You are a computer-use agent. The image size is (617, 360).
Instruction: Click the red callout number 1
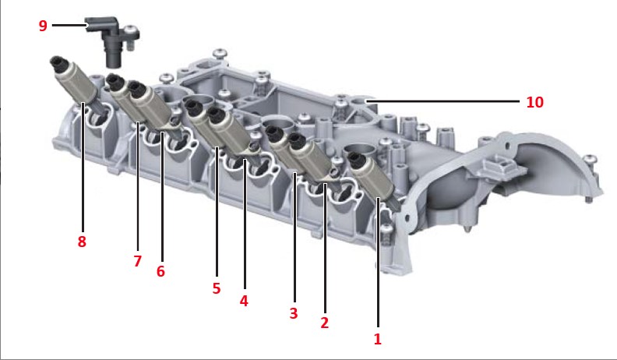pyautogui.click(x=377, y=339)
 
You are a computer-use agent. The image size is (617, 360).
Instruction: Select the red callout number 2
pyautogui.click(x=324, y=323)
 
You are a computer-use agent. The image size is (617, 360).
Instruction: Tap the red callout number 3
pyautogui.click(x=294, y=313)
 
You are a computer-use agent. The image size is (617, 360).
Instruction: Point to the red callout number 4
pyautogui.click(x=244, y=301)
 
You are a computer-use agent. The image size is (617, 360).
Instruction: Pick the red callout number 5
pyautogui.click(x=217, y=288)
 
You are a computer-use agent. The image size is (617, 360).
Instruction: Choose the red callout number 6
pyautogui.click(x=160, y=271)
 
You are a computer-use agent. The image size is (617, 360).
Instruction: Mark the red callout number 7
pyautogui.click(x=137, y=261)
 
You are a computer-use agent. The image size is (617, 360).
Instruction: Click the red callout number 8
pyautogui.click(x=82, y=242)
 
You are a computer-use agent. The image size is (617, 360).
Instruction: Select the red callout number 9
pyautogui.click(x=43, y=26)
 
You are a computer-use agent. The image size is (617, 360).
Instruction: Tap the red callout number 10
pyautogui.click(x=534, y=102)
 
